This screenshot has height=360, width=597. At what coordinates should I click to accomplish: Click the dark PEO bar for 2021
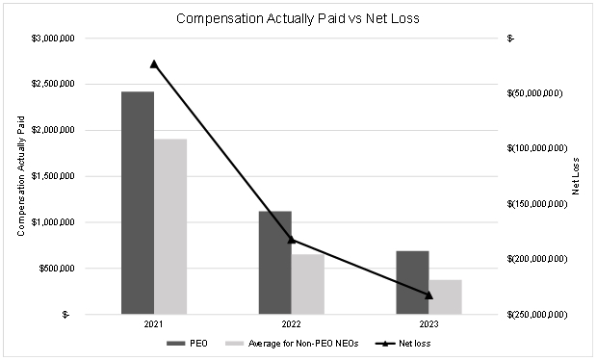pos(138,203)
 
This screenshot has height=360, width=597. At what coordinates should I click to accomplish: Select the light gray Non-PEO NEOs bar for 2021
pos(170,226)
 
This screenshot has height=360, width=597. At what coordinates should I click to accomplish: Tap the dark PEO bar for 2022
pos(275,263)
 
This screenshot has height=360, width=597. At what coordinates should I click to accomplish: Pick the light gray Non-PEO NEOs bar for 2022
pos(308,284)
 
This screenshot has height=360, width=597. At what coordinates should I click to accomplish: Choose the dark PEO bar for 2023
pos(413,283)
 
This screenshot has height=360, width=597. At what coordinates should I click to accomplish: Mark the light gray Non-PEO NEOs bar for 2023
pos(446,297)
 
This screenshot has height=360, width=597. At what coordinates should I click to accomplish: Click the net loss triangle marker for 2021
pos(154,64)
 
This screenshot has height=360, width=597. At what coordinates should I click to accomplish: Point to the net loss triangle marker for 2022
pos(291,240)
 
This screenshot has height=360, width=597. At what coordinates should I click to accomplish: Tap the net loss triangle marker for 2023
pos(428,295)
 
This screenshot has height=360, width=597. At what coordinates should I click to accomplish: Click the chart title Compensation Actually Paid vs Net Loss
pos(298,18)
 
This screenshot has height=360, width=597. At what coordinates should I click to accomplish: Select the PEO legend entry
pos(188,344)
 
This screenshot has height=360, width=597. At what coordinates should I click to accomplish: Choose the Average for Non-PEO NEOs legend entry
pos(292,344)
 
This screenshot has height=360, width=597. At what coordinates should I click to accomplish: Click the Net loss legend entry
pos(402,344)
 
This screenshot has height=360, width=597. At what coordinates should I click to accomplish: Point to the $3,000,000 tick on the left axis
pos(53,39)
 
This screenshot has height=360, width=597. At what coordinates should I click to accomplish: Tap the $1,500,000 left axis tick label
pos(53,176)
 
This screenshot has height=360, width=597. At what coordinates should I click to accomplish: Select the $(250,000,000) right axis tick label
pos(537,315)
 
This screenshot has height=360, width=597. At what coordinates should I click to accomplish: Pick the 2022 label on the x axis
pos(291,324)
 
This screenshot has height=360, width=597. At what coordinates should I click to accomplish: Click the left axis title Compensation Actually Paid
pos(21,176)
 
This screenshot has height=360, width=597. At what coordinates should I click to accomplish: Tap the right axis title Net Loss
pos(575,176)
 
